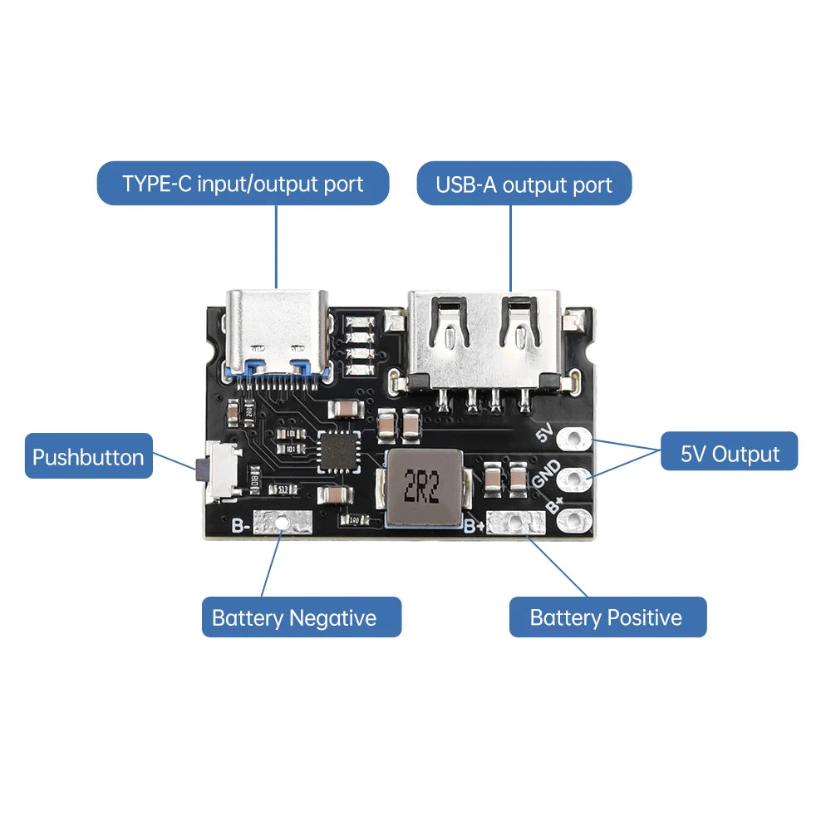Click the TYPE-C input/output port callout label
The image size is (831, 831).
[243, 184]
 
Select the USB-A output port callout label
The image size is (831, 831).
[524, 184]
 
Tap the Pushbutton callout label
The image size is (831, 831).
[88, 456]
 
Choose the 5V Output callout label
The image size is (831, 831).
[730, 454]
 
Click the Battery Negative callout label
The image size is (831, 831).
[293, 617]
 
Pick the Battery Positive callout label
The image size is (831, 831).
[606, 617]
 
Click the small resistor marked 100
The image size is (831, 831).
[354, 520]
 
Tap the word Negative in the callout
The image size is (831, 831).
[332, 617]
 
